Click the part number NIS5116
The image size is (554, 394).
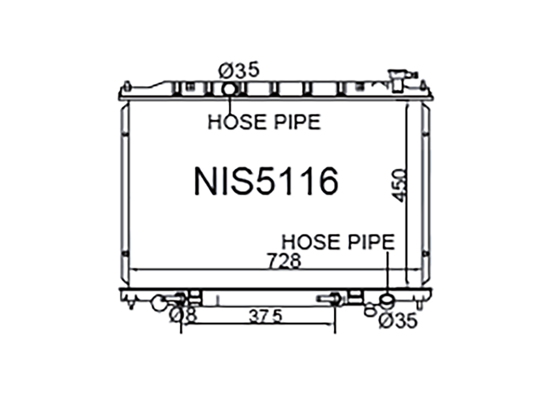(266, 181)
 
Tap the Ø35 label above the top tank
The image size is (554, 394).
(239, 70)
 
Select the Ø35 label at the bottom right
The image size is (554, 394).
(398, 321)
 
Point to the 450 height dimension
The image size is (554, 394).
(398, 185)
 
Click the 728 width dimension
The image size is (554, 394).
(284, 261)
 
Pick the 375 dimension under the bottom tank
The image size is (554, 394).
(265, 316)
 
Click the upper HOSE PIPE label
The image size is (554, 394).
(265, 122)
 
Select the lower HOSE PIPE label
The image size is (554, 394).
(338, 242)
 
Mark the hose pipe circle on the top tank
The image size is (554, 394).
(229, 89)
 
